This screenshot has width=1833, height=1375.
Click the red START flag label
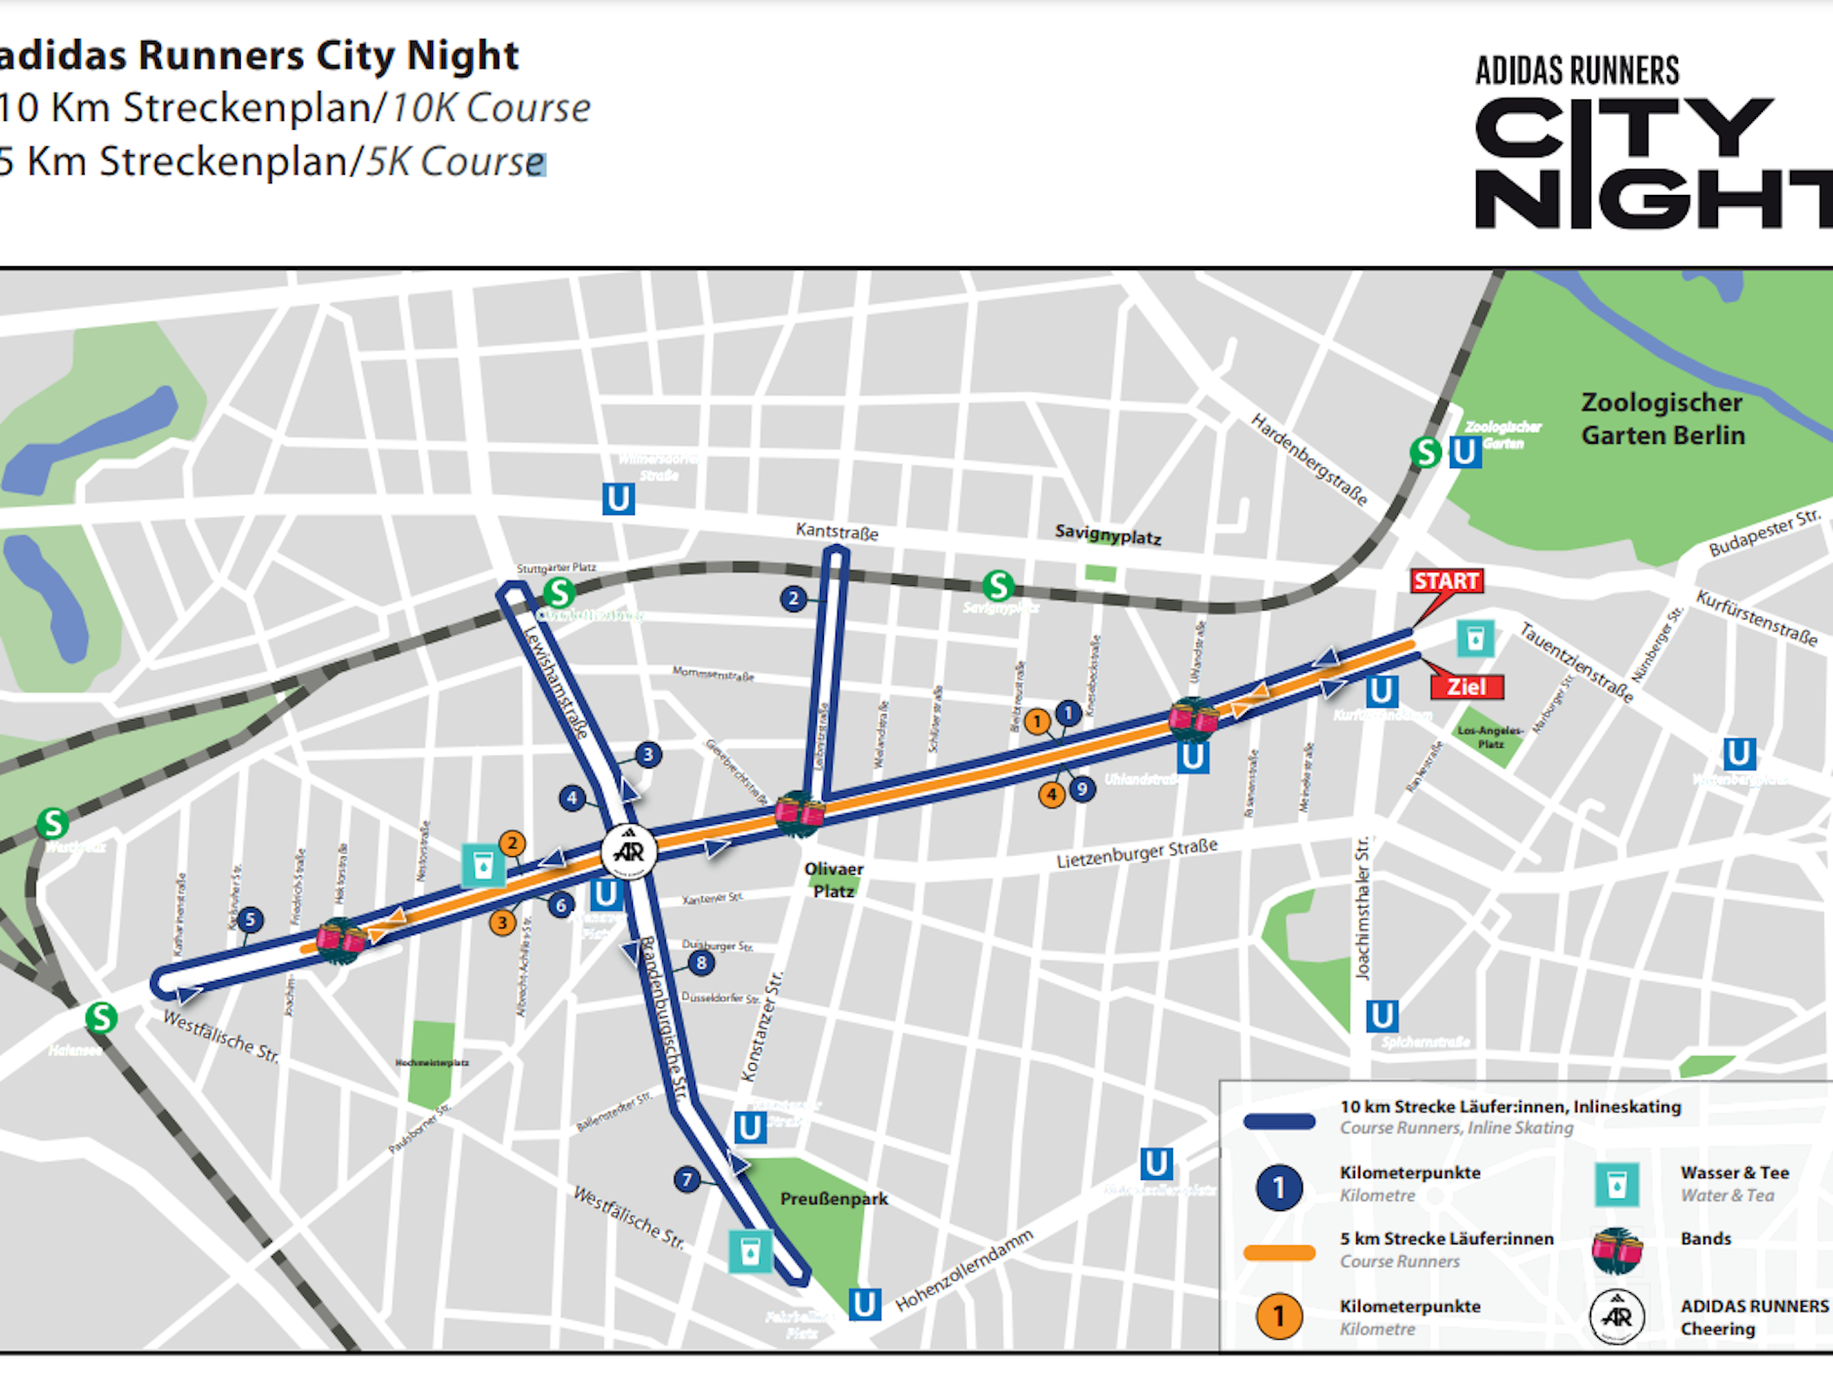click(x=1446, y=581)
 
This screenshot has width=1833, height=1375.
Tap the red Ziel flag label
click(x=1466, y=687)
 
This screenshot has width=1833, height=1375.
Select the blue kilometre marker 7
click(x=687, y=1180)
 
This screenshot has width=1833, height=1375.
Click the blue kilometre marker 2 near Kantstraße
click(x=794, y=599)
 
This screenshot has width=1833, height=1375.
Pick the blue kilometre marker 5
click(x=250, y=920)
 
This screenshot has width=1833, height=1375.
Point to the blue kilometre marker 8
click(x=701, y=963)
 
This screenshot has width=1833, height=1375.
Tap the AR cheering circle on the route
click(x=629, y=851)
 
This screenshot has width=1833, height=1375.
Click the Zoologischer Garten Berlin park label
click(x=1662, y=419)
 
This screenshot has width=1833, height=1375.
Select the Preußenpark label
click(x=834, y=1198)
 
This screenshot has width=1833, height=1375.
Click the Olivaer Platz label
click(x=834, y=880)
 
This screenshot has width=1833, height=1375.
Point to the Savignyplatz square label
click(x=1108, y=534)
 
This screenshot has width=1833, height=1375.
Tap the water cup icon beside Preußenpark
click(x=750, y=1251)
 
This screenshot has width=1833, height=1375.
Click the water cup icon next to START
click(x=1475, y=639)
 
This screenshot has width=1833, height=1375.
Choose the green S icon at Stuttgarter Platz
click(x=559, y=592)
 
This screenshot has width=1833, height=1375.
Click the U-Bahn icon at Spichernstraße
click(x=1381, y=1016)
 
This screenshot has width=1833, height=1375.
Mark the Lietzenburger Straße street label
click(x=1137, y=853)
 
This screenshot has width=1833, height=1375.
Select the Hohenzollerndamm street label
click(x=963, y=1271)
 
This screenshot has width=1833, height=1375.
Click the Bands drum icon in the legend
click(x=1617, y=1251)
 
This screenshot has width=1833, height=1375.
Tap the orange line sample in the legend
click(x=1279, y=1253)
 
